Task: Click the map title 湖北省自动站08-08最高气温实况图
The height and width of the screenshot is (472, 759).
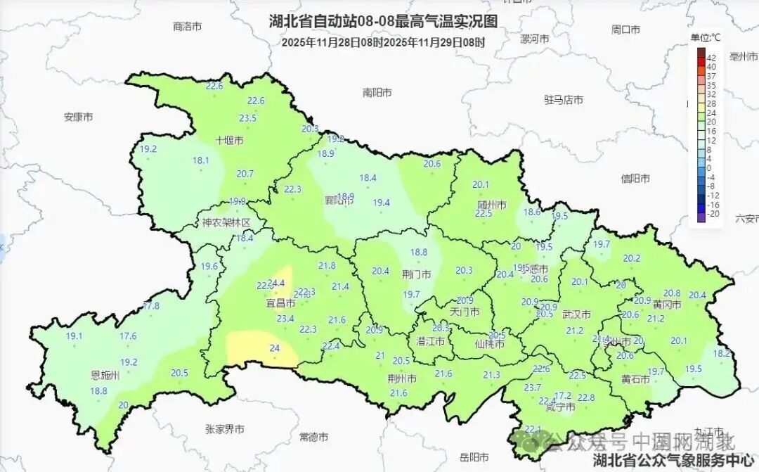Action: pos(383,22)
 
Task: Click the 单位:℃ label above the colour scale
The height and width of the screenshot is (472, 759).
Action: pos(705,37)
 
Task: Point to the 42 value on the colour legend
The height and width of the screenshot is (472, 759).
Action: pos(711,58)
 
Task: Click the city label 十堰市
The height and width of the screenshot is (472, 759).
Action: pos(229,141)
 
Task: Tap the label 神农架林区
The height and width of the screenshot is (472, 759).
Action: pos(226,223)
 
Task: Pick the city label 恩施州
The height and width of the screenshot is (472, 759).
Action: pos(105,375)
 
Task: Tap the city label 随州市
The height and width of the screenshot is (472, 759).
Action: pos(492,205)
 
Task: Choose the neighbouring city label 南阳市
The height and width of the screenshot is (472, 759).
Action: pos(377,93)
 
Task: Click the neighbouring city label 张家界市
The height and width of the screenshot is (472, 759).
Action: pos(225,428)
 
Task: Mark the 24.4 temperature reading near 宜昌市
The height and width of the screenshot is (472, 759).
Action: pos(276,283)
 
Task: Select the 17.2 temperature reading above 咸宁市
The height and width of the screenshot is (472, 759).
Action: pos(563,395)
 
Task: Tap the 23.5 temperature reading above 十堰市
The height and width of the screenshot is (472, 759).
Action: pos(247,118)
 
